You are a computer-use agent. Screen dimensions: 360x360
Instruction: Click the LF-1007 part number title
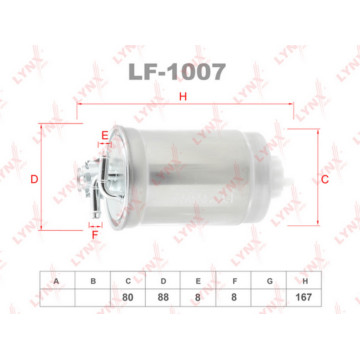(x=180, y=72)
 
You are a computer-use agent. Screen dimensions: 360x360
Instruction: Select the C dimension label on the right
(x=325, y=179)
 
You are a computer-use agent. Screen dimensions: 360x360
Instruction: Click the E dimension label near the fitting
(x=103, y=135)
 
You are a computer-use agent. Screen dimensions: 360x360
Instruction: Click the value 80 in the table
(x=128, y=298)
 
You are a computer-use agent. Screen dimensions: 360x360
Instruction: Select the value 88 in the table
(x=163, y=298)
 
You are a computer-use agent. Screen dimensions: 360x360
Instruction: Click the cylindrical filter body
(x=190, y=180)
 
